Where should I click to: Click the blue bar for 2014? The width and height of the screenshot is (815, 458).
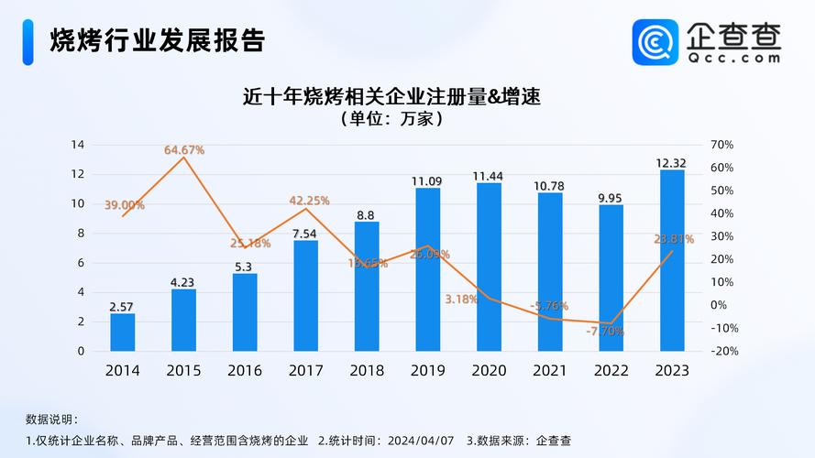tap(123, 332)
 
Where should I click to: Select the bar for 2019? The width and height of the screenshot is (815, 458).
tap(427, 269)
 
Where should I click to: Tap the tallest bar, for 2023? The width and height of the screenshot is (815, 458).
tap(671, 260)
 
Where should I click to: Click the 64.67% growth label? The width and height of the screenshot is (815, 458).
tap(184, 149)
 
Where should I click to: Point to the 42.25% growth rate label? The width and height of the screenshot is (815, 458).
tap(309, 201)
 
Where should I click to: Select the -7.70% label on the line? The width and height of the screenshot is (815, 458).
tap(604, 332)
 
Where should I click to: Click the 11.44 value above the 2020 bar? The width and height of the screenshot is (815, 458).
tap(488, 176)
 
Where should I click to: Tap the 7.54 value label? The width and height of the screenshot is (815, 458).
tap(305, 234)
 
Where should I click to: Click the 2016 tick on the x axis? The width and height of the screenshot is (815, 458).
tap(245, 371)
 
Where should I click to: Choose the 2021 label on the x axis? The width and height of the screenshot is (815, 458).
tap(549, 371)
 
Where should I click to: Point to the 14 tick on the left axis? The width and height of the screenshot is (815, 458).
tap(78, 145)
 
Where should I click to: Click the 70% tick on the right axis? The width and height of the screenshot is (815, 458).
tap(721, 145)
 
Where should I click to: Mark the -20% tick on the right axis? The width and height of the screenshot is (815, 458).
tap(723, 351)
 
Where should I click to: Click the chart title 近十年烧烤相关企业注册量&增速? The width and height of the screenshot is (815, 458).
tap(391, 96)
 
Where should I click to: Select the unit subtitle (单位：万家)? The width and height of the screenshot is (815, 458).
tap(391, 119)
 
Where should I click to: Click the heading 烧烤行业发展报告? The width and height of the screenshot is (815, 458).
tap(157, 41)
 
